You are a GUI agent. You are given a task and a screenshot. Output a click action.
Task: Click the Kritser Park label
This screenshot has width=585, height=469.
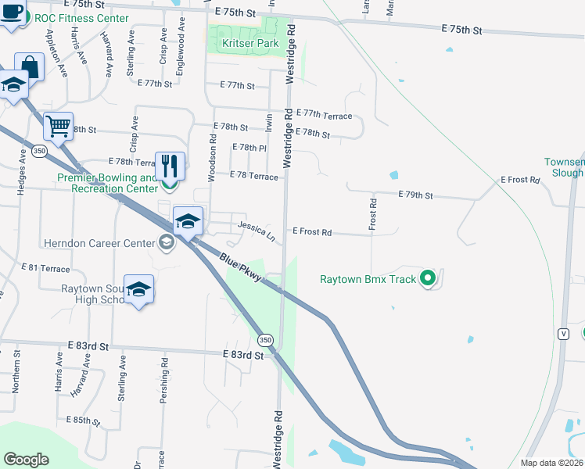(x=244, y=44)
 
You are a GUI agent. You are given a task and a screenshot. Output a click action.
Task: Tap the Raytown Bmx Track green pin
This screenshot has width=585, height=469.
(x=427, y=278)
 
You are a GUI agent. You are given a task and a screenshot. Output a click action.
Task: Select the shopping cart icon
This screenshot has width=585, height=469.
(x=58, y=125)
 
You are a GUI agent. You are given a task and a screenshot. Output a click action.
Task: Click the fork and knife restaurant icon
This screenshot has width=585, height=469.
(x=170, y=165)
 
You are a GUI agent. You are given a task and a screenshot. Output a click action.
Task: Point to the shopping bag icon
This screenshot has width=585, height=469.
(x=29, y=66)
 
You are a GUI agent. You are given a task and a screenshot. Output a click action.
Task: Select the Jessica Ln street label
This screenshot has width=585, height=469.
(x=257, y=231)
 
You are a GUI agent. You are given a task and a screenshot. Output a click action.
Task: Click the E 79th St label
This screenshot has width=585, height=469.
(x=415, y=195)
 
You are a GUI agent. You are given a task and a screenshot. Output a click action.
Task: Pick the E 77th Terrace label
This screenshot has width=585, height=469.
(x=326, y=116)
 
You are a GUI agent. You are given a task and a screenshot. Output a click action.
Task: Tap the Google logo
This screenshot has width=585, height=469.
(x=26, y=460)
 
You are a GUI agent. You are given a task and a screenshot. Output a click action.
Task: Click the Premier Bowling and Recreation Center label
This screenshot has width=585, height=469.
(x=108, y=183)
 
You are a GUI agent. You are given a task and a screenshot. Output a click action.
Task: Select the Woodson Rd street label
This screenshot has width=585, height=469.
(x=212, y=156)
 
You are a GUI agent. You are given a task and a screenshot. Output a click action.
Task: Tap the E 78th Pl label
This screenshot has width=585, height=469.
(x=250, y=147)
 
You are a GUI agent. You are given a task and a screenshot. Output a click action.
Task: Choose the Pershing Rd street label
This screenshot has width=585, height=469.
(x=164, y=381)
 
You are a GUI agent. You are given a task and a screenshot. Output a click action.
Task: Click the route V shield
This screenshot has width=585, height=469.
(x=562, y=334)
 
